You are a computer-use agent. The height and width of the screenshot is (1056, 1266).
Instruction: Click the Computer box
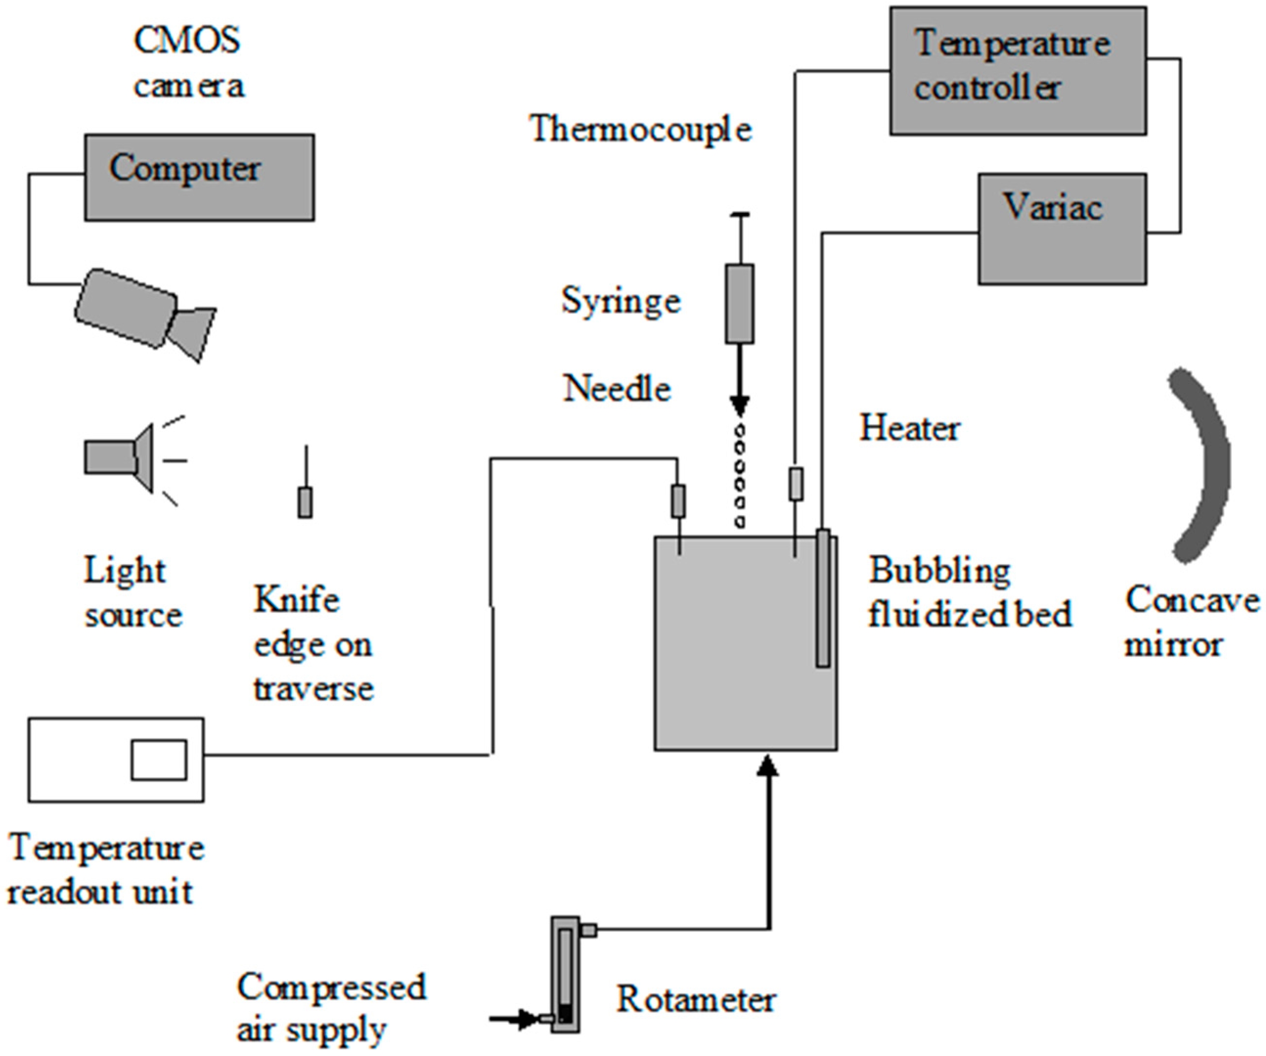click(x=199, y=177)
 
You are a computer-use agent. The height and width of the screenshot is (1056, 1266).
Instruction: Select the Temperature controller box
click(x=1018, y=70)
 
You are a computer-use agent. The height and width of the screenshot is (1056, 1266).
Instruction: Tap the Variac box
click(x=1062, y=229)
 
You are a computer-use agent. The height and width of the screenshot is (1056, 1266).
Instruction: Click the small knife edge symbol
click(x=305, y=502)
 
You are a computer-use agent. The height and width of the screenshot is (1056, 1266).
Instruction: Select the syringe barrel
click(x=739, y=303)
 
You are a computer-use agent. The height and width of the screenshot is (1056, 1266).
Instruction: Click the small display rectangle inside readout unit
click(x=159, y=760)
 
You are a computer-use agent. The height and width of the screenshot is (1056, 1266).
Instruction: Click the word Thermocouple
click(x=640, y=130)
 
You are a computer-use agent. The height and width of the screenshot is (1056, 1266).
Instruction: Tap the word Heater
click(x=909, y=429)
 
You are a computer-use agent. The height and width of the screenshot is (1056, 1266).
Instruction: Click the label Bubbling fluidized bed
click(x=969, y=592)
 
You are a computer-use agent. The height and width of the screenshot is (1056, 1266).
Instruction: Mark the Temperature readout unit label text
click(x=106, y=870)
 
